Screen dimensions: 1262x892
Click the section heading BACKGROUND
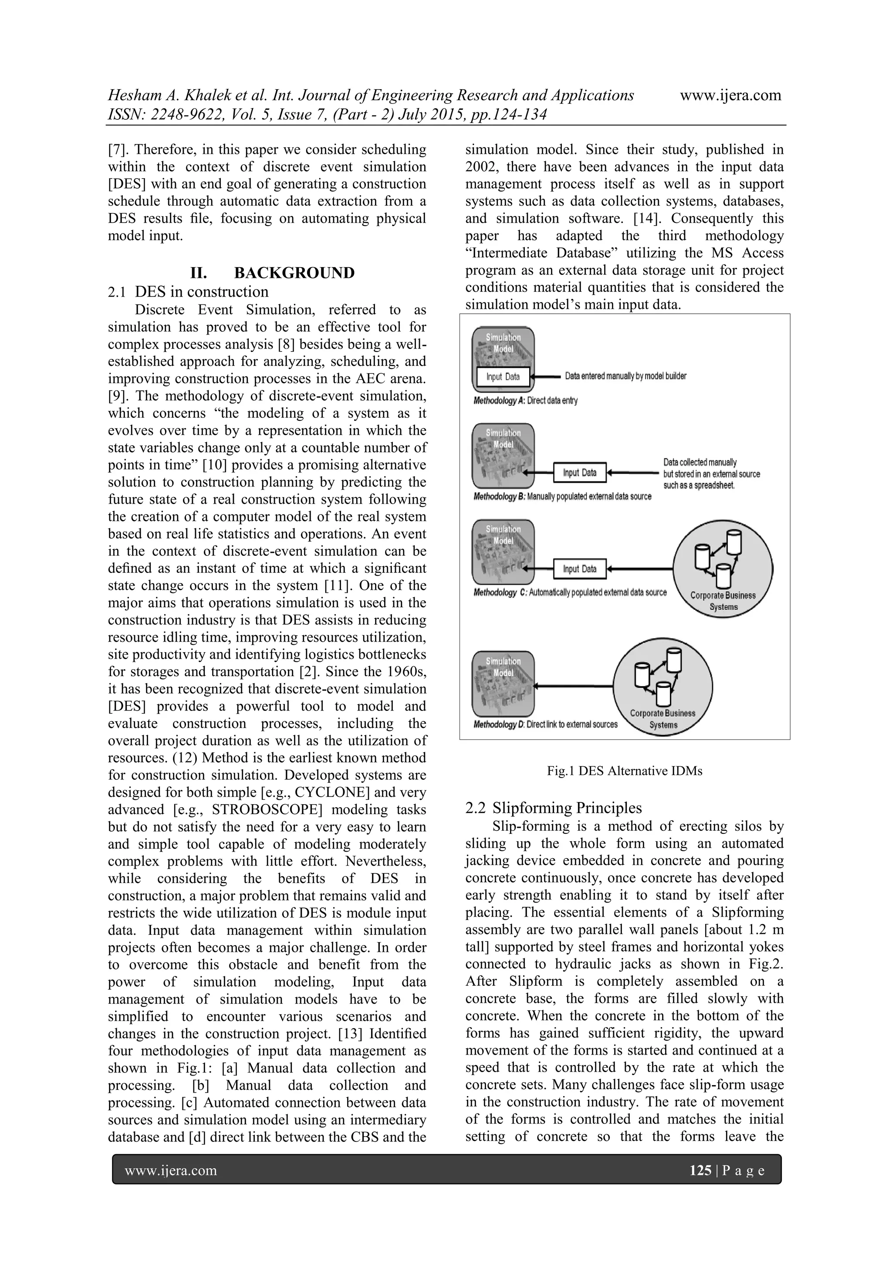pyautogui.click(x=294, y=273)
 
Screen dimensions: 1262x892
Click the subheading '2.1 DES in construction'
pyautogui.click(x=189, y=291)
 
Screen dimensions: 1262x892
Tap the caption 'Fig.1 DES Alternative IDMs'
pyautogui.click(x=624, y=771)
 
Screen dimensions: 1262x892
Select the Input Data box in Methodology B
pyautogui.click(x=579, y=473)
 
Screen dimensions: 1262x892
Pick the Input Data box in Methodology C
pyautogui.click(x=579, y=569)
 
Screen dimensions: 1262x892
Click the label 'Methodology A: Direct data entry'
pyautogui.click(x=525, y=401)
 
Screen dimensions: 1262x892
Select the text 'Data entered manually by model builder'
pyautogui.click(x=625, y=376)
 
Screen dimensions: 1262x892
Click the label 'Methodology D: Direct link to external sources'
pyautogui.click(x=545, y=724)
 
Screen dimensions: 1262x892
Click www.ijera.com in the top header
pyautogui.click(x=730, y=95)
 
